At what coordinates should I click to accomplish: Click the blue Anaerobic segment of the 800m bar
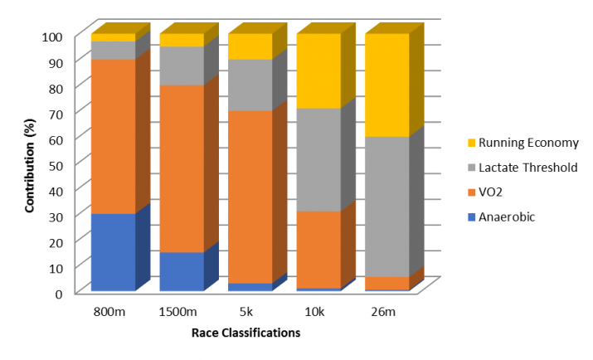[x=113, y=252]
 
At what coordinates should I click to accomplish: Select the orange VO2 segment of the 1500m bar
[x=181, y=168]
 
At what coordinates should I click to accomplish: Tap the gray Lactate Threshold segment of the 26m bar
[x=386, y=207]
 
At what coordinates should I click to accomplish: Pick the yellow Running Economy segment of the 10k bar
[x=318, y=71]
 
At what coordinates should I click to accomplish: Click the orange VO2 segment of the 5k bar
[x=250, y=197]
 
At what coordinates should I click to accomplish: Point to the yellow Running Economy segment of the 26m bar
[x=386, y=85]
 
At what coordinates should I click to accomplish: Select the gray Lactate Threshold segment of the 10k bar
[x=318, y=159]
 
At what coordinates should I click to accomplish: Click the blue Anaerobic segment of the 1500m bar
[x=181, y=271]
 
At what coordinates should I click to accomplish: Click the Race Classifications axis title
[x=245, y=333]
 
